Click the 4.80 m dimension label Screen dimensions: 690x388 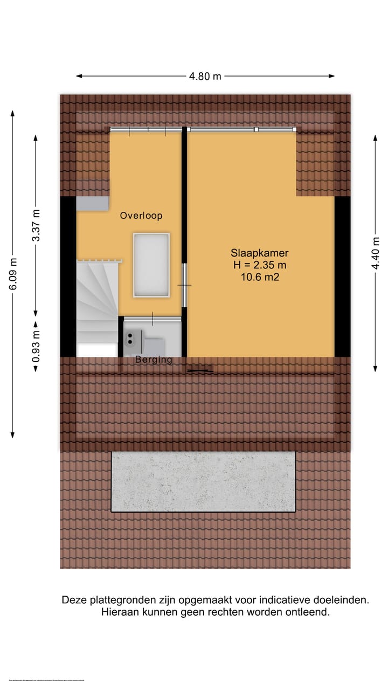[x=205, y=76]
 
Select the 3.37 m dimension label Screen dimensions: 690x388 [x=36, y=226]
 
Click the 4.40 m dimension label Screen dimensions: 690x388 [x=376, y=253]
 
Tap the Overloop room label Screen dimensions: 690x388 [x=141, y=216]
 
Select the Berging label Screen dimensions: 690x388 [x=154, y=360]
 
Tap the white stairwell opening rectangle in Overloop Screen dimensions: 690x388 [x=151, y=265]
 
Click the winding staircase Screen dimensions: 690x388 [x=98, y=302]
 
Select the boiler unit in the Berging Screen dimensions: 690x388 [x=132, y=339]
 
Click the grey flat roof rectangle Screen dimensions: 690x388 [x=203, y=481]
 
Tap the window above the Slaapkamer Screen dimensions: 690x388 [x=242, y=129]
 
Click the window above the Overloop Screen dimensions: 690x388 [x=147, y=129]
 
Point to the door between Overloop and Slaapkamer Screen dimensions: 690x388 [x=184, y=285]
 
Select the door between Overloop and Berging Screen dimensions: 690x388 [x=153, y=319]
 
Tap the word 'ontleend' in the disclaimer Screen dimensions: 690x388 [x=309, y=612]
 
